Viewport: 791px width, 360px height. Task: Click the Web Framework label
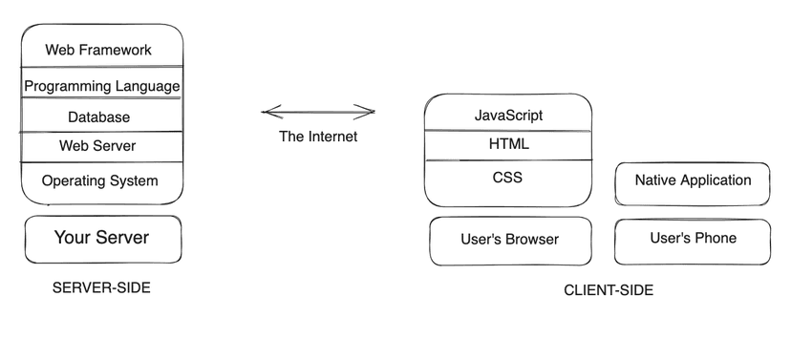pyautogui.click(x=98, y=50)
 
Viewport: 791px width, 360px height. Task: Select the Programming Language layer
pyautogui.click(x=102, y=86)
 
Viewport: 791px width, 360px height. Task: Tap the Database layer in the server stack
pyautogui.click(x=98, y=117)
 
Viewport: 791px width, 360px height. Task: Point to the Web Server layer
pyautogui.click(x=97, y=146)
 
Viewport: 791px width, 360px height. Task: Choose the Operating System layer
pyautogui.click(x=100, y=180)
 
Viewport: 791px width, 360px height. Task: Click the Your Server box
pyautogui.click(x=101, y=238)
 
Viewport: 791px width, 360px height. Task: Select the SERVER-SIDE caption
pyautogui.click(x=101, y=287)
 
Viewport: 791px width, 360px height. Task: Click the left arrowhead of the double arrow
pyautogui.click(x=267, y=113)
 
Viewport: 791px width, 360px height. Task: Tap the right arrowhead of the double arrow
pyautogui.click(x=371, y=112)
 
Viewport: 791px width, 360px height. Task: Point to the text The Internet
pyautogui.click(x=318, y=137)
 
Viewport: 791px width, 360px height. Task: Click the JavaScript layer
pyautogui.click(x=508, y=116)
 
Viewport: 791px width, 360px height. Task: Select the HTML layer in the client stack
pyautogui.click(x=508, y=144)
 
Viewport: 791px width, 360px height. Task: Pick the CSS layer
pyautogui.click(x=507, y=178)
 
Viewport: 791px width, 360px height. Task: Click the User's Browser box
pyautogui.click(x=509, y=240)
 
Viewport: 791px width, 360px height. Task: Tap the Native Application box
pyautogui.click(x=693, y=180)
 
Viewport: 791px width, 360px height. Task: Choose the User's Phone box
pyautogui.click(x=693, y=239)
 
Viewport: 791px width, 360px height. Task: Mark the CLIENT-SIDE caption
pyautogui.click(x=609, y=290)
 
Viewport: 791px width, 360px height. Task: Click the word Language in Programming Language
pyautogui.click(x=146, y=86)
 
